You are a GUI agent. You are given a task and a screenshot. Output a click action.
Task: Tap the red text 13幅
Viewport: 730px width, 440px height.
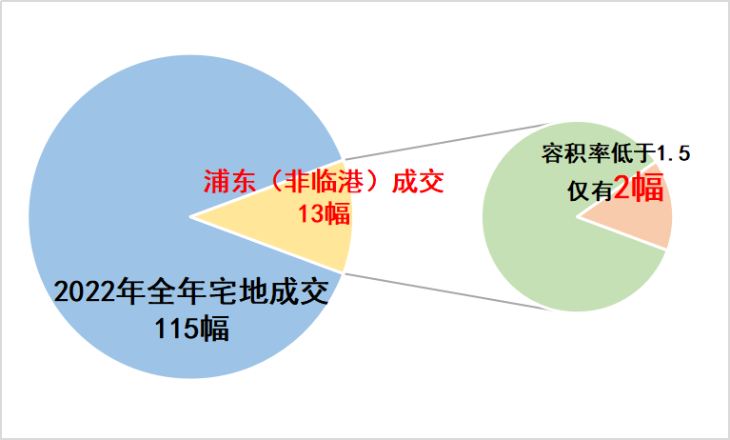[324, 214]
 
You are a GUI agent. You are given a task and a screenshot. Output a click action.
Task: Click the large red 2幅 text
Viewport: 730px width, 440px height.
[639, 188]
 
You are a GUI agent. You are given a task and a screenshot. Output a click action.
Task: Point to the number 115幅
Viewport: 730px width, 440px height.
[192, 328]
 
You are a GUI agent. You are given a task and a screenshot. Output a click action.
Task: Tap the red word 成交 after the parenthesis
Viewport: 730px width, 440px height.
[418, 181]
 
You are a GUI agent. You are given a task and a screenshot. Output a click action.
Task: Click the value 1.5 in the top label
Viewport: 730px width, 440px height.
[673, 153]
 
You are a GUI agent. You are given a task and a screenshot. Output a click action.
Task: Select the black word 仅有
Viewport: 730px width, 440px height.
[589, 190]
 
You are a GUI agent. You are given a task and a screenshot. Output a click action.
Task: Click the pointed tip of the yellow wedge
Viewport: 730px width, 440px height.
[191, 217]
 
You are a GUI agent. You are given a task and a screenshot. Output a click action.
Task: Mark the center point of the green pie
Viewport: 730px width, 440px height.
[578, 217]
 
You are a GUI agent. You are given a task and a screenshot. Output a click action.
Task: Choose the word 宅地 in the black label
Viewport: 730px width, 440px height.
[239, 292]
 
